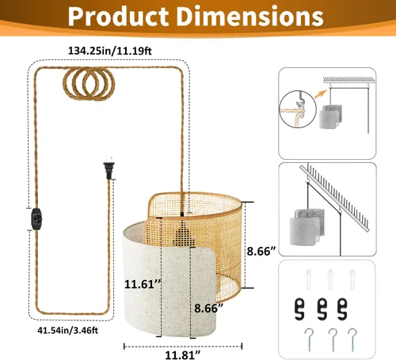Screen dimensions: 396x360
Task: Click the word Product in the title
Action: (x=118, y=17)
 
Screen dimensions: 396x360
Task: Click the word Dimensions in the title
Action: (x=253, y=17)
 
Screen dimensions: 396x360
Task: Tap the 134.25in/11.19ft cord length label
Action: (x=110, y=51)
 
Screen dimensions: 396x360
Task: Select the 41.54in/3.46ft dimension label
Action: (x=67, y=330)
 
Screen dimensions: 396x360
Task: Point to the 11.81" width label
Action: (x=183, y=354)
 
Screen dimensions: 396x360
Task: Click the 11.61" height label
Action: (x=143, y=284)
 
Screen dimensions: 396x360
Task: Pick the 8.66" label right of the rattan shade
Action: (x=261, y=251)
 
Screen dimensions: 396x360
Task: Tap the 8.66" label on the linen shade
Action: (x=208, y=308)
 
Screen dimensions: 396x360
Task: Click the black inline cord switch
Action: (x=36, y=219)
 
